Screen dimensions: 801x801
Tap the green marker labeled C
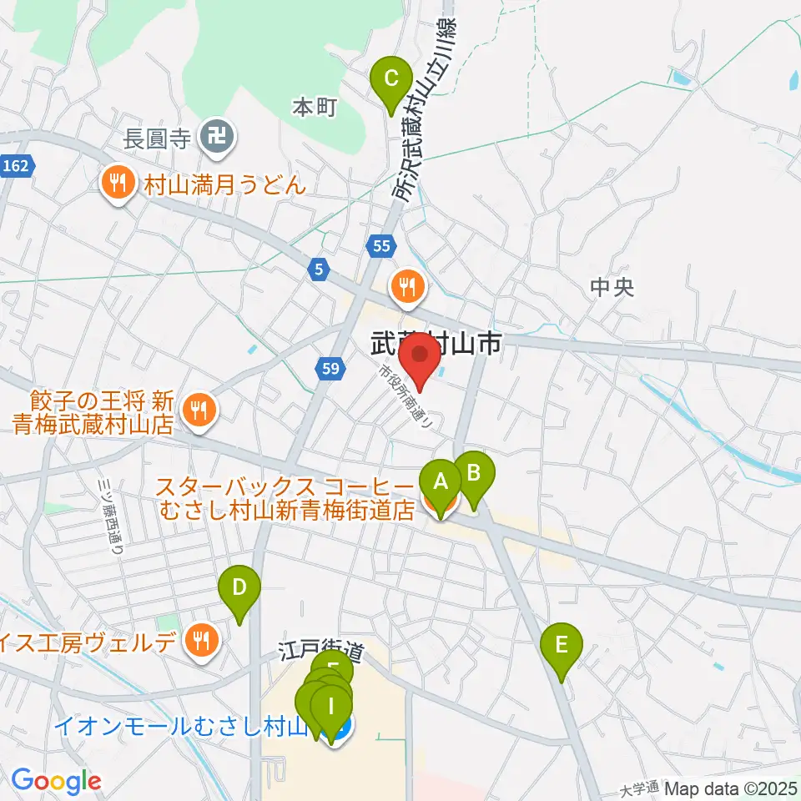(390, 82)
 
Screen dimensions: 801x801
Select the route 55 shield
(380, 245)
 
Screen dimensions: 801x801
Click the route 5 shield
(320, 270)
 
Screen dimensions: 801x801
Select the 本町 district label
(314, 107)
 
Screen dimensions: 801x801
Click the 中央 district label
(612, 288)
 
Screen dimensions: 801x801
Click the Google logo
(56, 781)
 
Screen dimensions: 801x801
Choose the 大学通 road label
(640, 787)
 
